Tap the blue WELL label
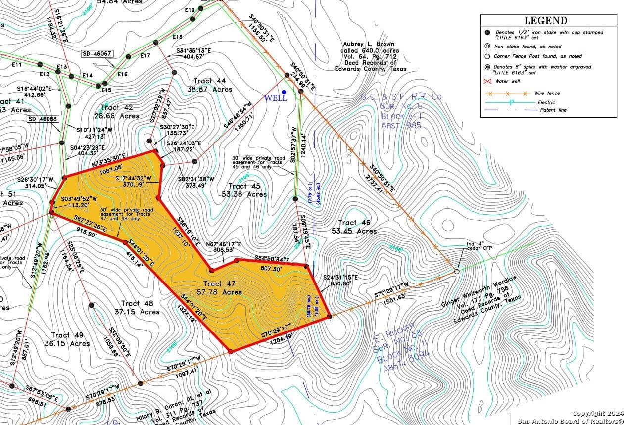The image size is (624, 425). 276,98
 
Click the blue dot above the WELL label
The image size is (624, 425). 284,92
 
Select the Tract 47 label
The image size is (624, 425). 220,283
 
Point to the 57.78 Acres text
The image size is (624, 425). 222,292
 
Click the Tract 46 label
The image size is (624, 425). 354,223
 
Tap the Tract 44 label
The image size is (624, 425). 209,81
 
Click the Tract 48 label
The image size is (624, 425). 137,303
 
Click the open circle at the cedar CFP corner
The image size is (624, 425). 457,271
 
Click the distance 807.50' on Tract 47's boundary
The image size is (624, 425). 271,268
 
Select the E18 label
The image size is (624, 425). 177,37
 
